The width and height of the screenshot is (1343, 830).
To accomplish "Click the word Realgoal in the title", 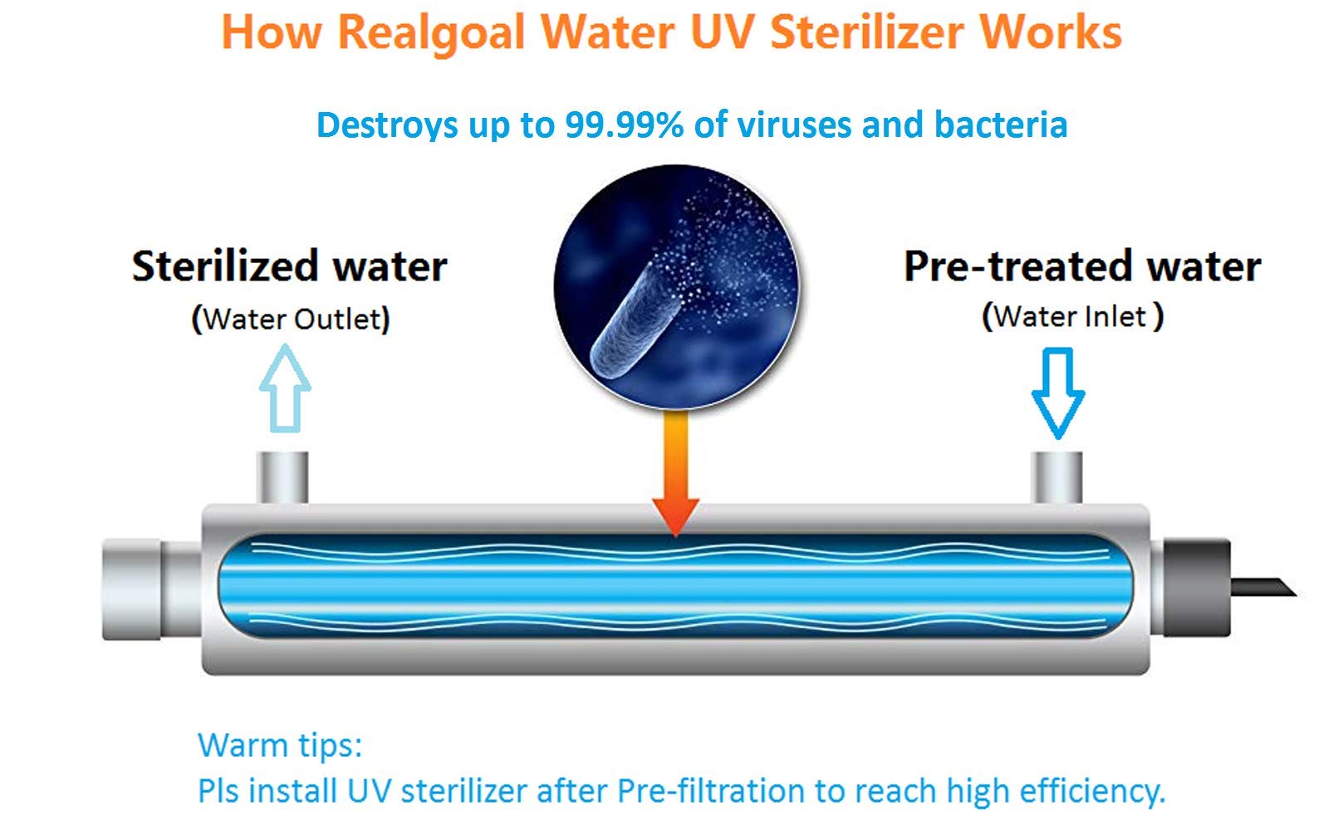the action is coord(432,33).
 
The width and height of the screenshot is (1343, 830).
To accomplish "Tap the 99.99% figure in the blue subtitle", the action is coord(624,124).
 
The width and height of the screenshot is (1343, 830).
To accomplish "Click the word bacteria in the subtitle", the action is coord(1001,124).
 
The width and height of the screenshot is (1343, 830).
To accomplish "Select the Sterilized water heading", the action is coord(289,266).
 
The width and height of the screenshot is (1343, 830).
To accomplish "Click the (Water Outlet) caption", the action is coord(291,318).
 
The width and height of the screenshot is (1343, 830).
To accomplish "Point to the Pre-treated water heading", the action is coord(1082,266).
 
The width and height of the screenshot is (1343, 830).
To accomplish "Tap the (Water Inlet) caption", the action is coord(1073,316).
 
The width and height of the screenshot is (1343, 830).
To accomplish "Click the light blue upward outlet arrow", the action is coord(286,388).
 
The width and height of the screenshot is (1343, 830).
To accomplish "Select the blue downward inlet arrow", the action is coord(1058,393).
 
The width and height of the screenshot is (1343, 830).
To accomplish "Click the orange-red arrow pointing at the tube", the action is coord(676,473).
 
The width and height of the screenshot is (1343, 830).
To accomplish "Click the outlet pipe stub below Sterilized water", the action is coord(282,477).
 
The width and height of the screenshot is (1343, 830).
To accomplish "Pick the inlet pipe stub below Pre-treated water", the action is coord(1056,477).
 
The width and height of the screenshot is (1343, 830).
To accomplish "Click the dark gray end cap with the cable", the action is coord(1198,588).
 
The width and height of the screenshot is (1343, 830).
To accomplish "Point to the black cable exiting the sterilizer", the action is coord(1263,587).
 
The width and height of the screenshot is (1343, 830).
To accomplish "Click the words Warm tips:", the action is coord(280,745).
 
